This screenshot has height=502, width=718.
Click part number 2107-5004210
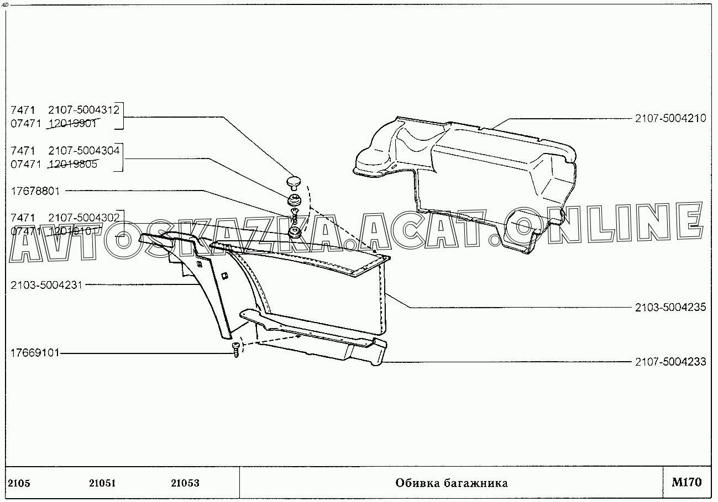coord(670,118)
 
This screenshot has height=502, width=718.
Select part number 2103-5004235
coord(670,308)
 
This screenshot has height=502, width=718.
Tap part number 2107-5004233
coord(670,363)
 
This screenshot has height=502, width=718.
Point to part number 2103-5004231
coord(46,285)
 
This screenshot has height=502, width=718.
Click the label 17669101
coord(35,352)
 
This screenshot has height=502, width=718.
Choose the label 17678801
coord(35,191)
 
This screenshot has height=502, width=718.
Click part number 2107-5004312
coord(84,109)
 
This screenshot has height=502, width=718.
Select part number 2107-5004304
coord(84,150)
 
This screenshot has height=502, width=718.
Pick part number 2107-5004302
coord(84,218)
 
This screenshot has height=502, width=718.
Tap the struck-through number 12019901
coord(72,123)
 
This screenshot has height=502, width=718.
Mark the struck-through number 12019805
coord(72,164)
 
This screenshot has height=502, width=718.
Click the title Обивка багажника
coord(451,483)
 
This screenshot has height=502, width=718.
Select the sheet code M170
coord(686,482)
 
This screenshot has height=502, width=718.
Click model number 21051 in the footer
coord(102,483)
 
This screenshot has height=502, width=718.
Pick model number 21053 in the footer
coord(185,483)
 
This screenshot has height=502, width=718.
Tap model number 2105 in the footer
coord(19,483)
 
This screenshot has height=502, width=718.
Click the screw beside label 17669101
coord(237,348)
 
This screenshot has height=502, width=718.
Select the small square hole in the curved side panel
coord(224,276)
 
